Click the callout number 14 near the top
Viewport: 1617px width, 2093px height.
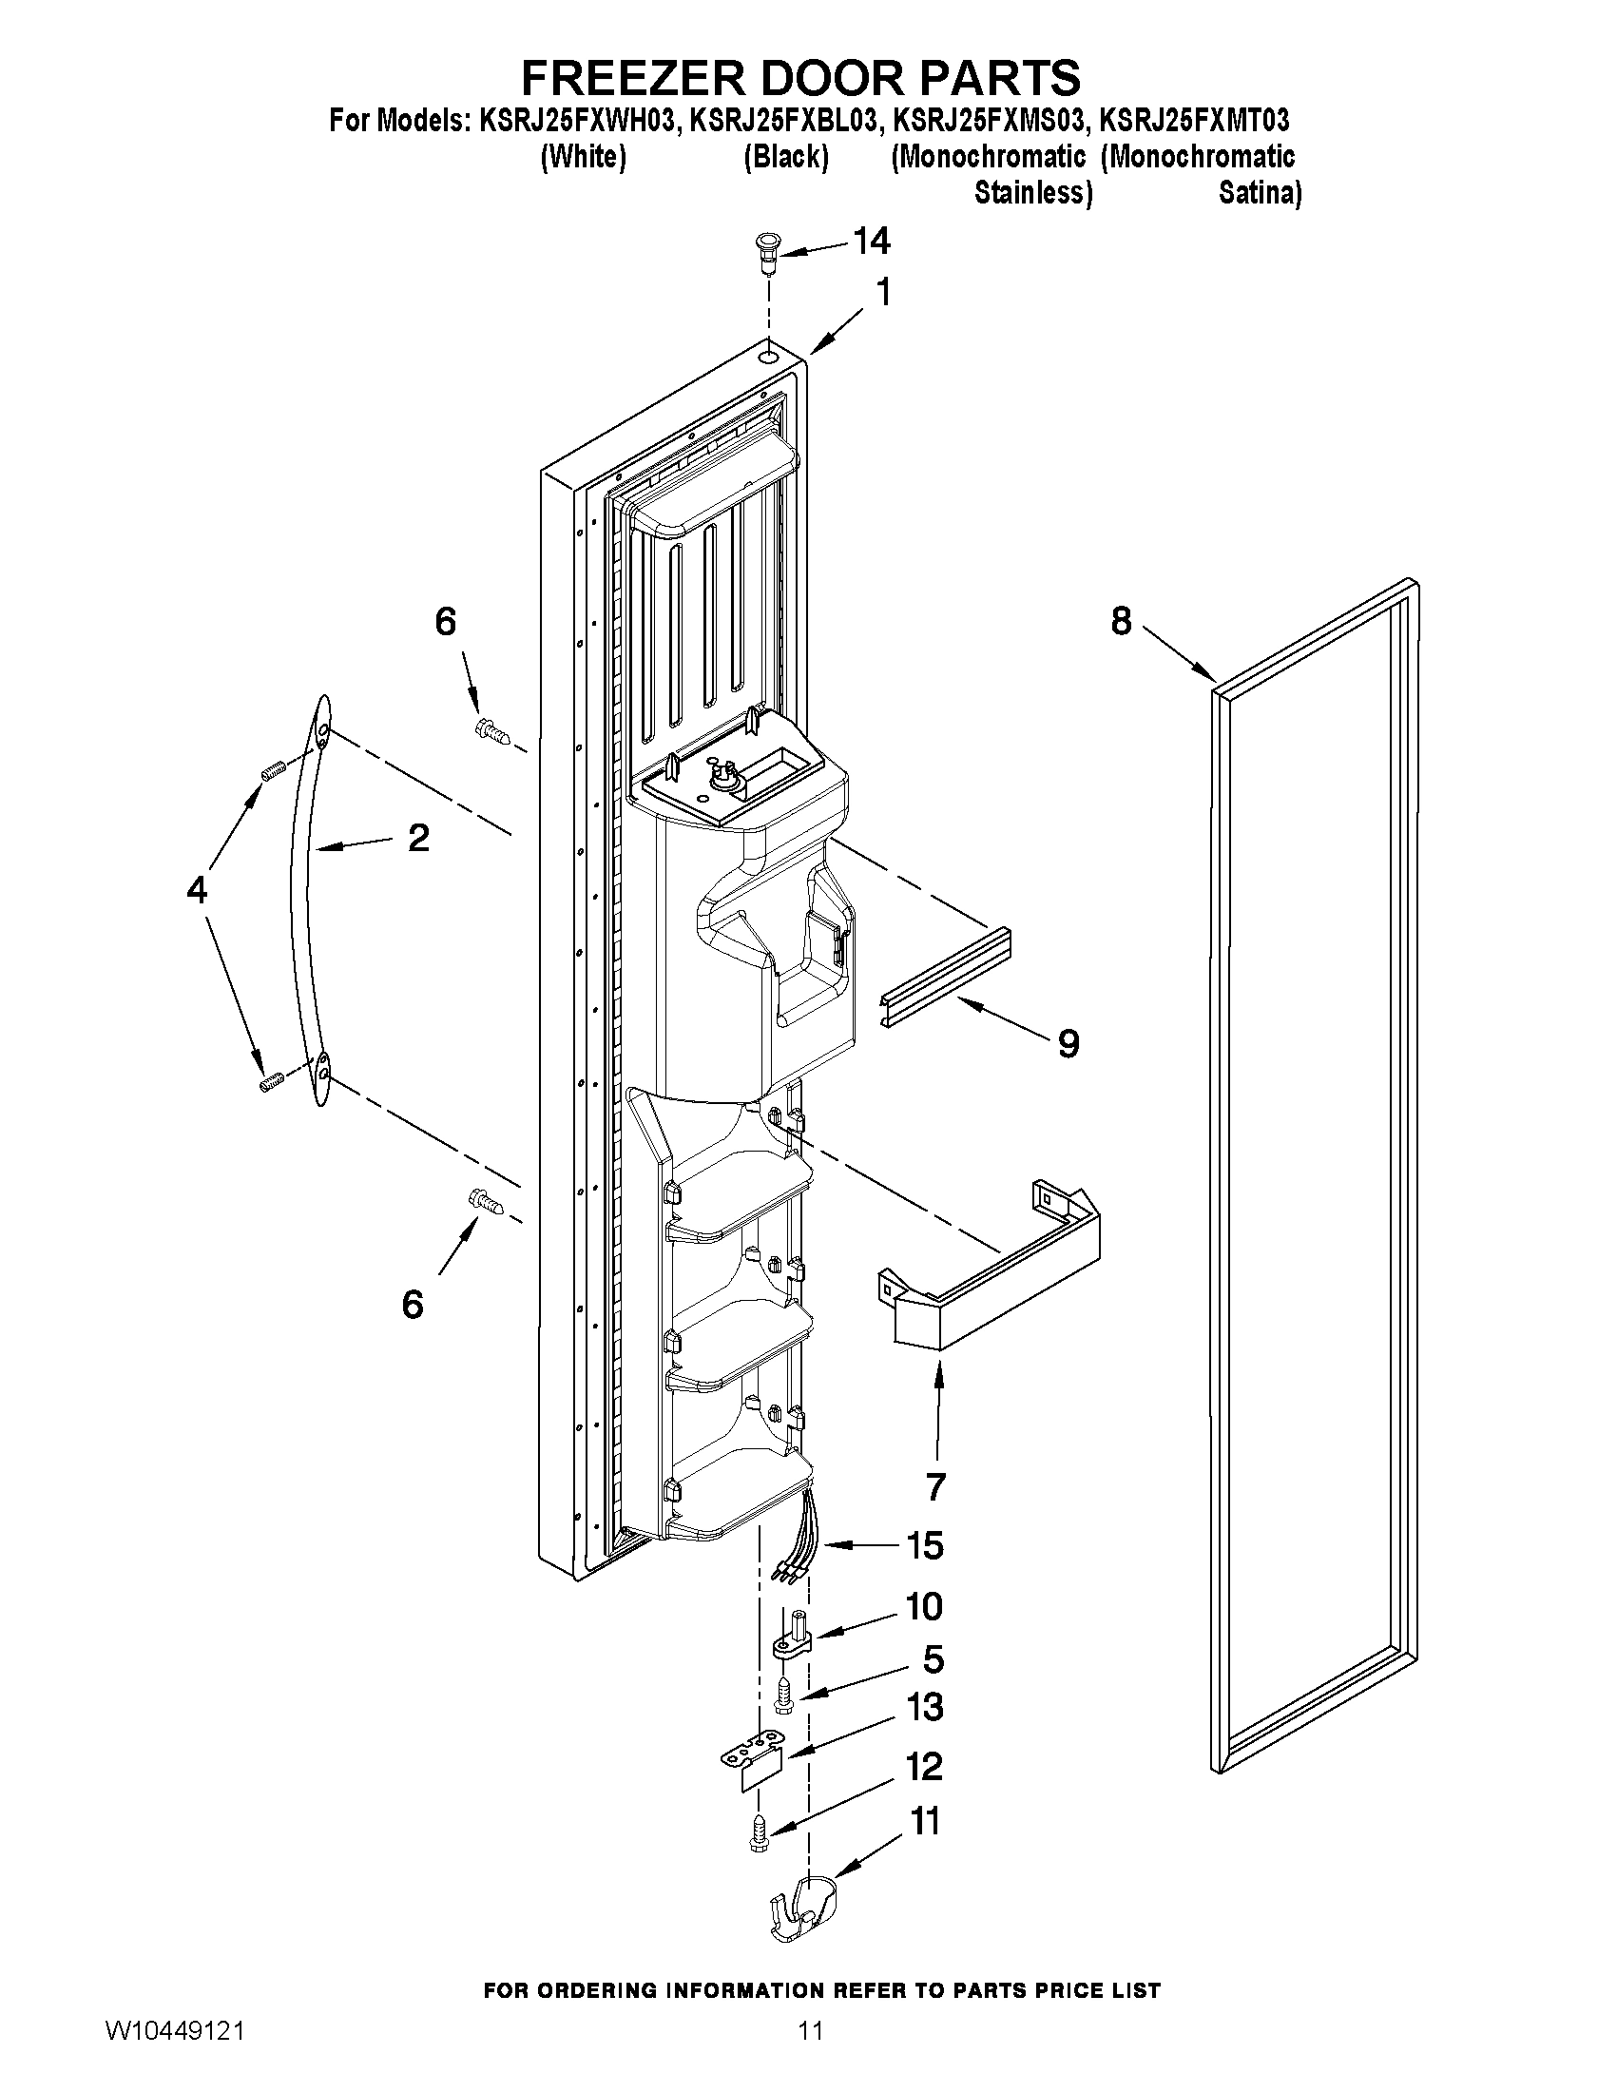click(871, 241)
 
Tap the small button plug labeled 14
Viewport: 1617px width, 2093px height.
click(764, 251)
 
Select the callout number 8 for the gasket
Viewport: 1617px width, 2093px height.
click(1121, 622)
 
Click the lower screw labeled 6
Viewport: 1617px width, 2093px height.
click(486, 1199)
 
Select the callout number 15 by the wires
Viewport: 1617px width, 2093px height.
click(924, 1545)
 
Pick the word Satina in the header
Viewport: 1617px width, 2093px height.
click(1259, 194)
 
